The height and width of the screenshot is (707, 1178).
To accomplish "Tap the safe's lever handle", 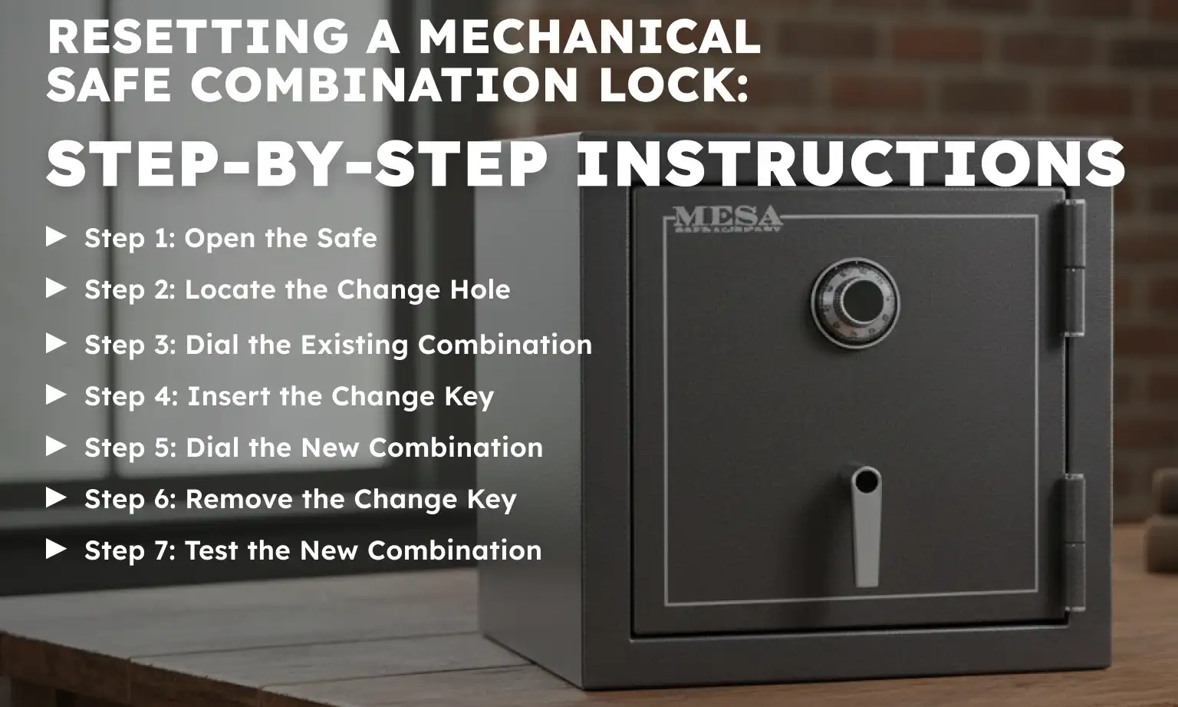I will click(x=867, y=525).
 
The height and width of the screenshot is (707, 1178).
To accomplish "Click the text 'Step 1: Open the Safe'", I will click(x=230, y=238).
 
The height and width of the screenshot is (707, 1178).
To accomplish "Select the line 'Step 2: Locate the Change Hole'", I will click(x=297, y=289).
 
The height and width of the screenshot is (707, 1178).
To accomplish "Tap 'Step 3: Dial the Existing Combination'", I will click(x=337, y=345).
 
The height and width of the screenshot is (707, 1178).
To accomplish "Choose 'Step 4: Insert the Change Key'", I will click(x=288, y=396).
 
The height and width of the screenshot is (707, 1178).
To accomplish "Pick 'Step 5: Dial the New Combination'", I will click(x=313, y=448).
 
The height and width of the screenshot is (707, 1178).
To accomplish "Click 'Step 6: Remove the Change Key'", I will click(x=300, y=499).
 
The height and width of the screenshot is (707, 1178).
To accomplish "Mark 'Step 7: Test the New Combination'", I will click(x=312, y=550).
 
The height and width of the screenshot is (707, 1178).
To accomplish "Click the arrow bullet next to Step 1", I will click(x=57, y=237).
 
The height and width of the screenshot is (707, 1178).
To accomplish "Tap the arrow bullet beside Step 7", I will click(x=57, y=550).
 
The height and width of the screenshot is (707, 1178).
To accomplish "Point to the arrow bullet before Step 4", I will click(x=57, y=395).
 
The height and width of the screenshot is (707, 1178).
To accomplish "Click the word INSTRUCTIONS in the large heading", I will click(x=850, y=164).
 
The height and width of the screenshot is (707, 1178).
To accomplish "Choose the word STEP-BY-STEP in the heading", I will click(x=297, y=164).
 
